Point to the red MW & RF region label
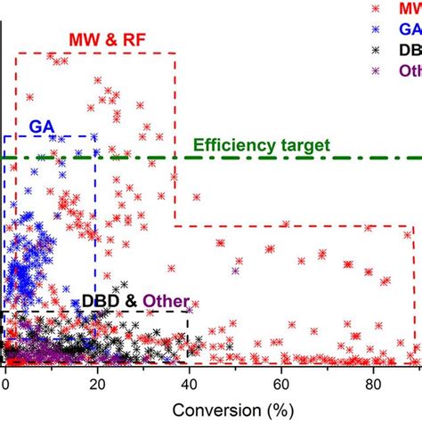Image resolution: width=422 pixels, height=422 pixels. [x=107, y=40]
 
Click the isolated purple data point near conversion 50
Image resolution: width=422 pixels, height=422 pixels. [x=236, y=271]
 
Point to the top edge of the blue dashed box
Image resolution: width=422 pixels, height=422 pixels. [x=50, y=137]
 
